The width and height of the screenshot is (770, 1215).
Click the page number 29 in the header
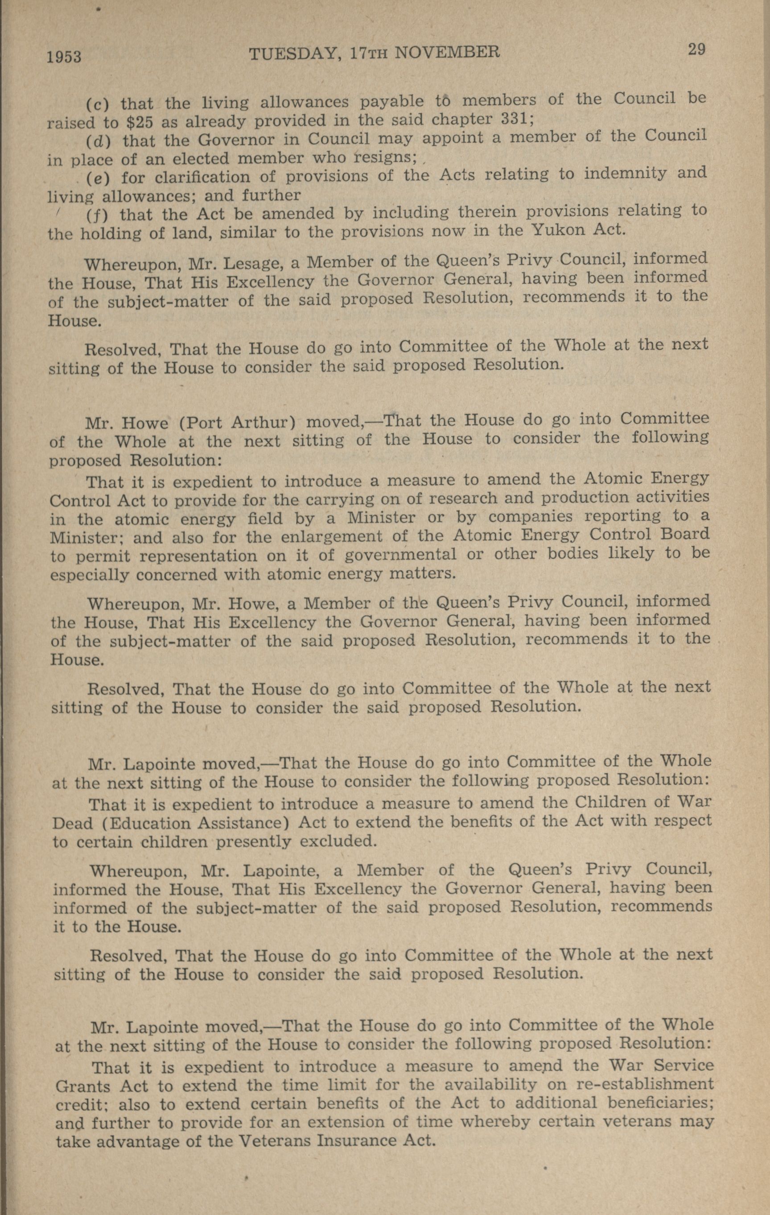(696, 50)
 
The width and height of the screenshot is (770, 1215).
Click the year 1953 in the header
(64, 57)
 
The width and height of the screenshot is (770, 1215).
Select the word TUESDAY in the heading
(293, 54)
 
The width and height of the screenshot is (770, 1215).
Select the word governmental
(401, 555)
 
